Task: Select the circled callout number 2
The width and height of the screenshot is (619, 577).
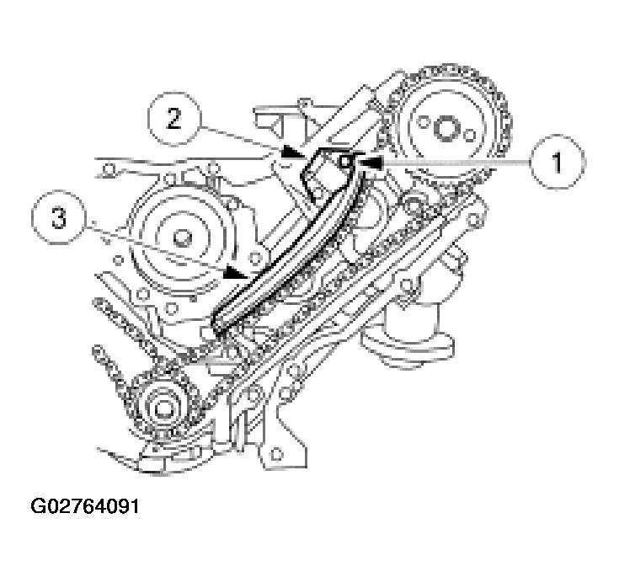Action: (173, 119)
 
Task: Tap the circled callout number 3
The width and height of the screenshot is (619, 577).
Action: (58, 219)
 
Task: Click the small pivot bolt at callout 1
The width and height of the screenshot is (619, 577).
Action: (346, 160)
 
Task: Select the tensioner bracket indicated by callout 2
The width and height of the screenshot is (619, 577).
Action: (315, 174)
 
